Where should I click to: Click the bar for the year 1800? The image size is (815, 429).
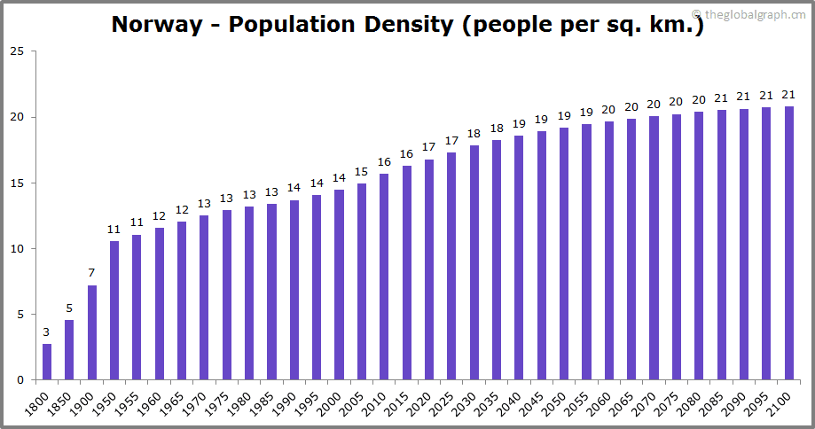(x=47, y=362)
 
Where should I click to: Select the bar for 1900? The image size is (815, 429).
(x=92, y=332)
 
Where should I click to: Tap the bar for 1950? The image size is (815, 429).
(x=114, y=310)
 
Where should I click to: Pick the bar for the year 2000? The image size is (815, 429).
(x=339, y=285)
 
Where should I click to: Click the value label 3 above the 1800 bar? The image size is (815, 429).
(x=47, y=332)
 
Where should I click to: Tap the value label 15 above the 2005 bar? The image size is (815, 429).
(x=362, y=172)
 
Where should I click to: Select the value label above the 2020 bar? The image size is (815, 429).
(x=429, y=147)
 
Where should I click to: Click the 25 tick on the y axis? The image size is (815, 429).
(x=17, y=51)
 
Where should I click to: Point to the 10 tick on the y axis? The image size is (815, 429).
(x=17, y=249)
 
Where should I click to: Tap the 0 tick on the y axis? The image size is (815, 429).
(x=20, y=380)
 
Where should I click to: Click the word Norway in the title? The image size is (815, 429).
(x=157, y=25)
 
